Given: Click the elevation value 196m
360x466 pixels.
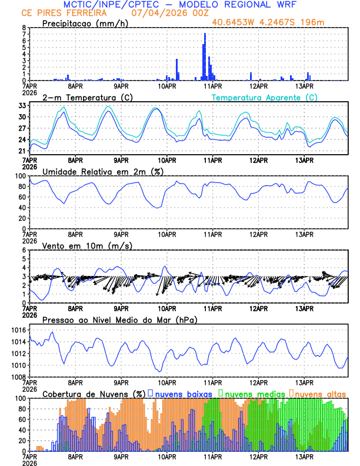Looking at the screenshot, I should point(312,23).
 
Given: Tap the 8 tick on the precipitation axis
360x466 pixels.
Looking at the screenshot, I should point(24,28).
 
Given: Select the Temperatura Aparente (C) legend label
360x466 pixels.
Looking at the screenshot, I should point(264,97).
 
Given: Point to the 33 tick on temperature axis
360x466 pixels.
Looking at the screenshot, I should point(22,106).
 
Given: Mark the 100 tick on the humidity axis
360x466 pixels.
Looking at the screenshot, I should point(20,176).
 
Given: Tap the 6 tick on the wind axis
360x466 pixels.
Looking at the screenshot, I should point(24,250).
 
